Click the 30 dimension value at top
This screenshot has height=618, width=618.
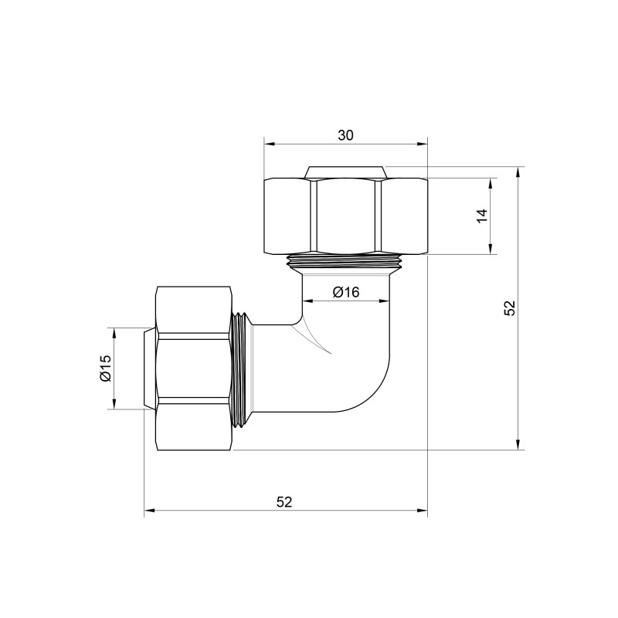pyautogui.click(x=345, y=135)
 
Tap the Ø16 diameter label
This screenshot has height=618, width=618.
pyautogui.click(x=346, y=292)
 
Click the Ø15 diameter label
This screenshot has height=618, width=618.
pyautogui.click(x=106, y=368)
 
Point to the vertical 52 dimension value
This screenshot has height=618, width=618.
pyautogui.click(x=508, y=307)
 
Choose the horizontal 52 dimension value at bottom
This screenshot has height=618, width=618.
pyautogui.click(x=284, y=501)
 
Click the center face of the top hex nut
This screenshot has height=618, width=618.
pyautogui.click(x=346, y=216)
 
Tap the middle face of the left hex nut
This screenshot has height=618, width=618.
pyautogui.click(x=194, y=368)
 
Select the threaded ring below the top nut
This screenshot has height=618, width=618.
pyautogui.click(x=346, y=261)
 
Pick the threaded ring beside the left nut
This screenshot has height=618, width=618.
pyautogui.click(x=243, y=368)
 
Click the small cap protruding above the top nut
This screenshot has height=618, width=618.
pyautogui.click(x=345, y=171)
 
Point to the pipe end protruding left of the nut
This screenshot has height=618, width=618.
pyautogui.click(x=150, y=368)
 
